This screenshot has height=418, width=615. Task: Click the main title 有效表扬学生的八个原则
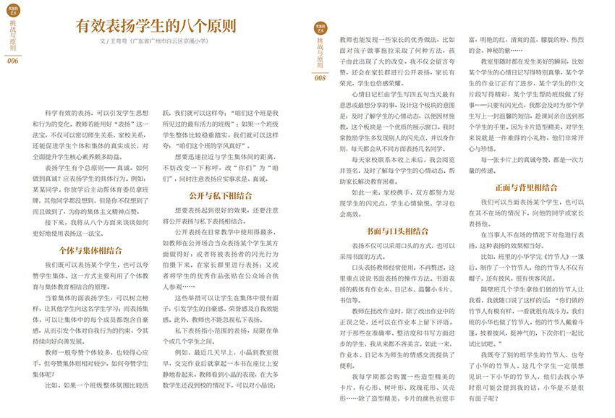pyautogui.click(x=156, y=26)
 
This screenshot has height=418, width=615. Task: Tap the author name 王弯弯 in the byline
pyautogui.click(x=118, y=42)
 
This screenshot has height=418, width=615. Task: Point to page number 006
pyautogui.click(x=12, y=61)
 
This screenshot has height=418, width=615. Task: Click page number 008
pyautogui.click(x=322, y=78)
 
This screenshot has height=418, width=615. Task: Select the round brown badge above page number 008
pyautogui.click(x=319, y=28)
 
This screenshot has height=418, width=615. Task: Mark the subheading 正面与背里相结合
pyautogui.click(x=525, y=188)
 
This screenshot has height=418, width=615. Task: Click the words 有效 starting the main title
pyautogui.click(x=93, y=26)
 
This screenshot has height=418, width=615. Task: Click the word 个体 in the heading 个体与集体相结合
pyautogui.click(x=67, y=250)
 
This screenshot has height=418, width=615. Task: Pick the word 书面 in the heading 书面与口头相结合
pyautogui.click(x=372, y=231)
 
